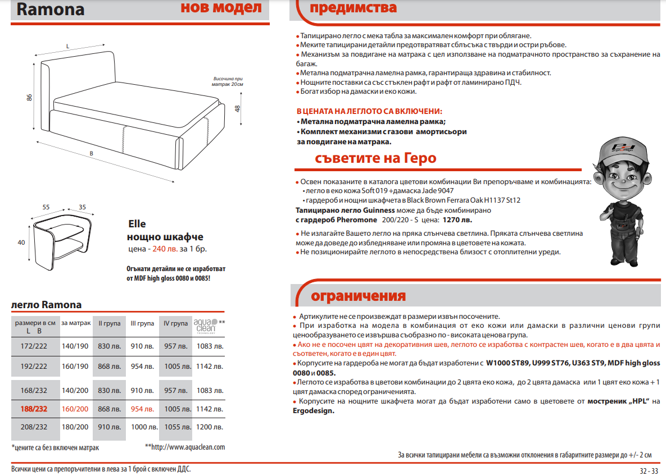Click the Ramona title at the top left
point(51,10)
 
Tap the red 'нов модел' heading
point(221,8)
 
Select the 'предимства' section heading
point(354,8)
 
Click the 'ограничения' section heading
point(358,296)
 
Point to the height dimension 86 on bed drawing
point(29,98)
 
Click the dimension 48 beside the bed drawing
point(238,108)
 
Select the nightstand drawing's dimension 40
point(22,242)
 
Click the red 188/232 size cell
point(34,409)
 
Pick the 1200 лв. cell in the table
point(210,427)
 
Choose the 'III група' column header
point(142,323)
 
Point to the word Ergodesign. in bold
point(313,410)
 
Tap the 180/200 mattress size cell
point(75,427)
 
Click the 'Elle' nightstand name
point(137,224)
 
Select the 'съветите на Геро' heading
point(375,158)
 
